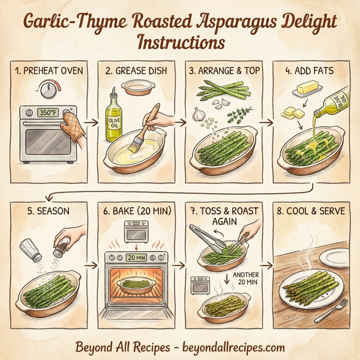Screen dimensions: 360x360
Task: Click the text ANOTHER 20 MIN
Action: (244, 280)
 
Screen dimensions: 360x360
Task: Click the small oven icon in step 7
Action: (199, 286)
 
